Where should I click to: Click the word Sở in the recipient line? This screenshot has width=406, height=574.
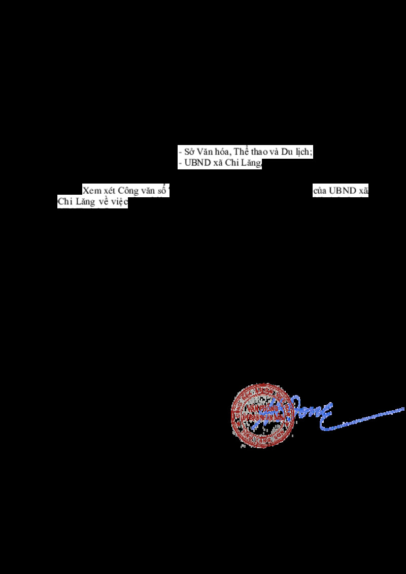pos(188,152)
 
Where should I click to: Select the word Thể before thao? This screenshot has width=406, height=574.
pos(243,152)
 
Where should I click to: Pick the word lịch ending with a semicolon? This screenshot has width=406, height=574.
pos(303,152)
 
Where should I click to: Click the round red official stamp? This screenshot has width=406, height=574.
pos(262,415)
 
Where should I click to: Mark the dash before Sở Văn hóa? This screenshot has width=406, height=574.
pos(180,153)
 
